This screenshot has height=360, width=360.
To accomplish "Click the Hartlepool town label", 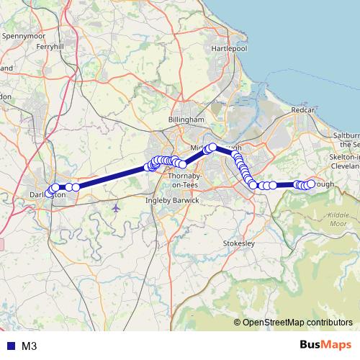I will [229, 48].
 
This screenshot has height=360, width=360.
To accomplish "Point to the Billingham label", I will [186, 120].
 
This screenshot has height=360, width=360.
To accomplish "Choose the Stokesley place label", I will [240, 243].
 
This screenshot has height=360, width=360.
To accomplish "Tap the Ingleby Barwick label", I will [172, 200].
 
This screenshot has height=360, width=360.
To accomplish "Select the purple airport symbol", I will [117, 208].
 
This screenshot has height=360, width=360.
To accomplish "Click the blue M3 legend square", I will [8, 346].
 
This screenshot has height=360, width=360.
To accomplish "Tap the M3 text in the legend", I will [30, 346].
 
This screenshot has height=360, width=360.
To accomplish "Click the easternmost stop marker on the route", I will [311, 184].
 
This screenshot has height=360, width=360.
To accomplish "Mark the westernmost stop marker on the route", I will [48, 192].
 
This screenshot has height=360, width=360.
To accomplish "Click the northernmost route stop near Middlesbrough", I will [212, 147].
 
